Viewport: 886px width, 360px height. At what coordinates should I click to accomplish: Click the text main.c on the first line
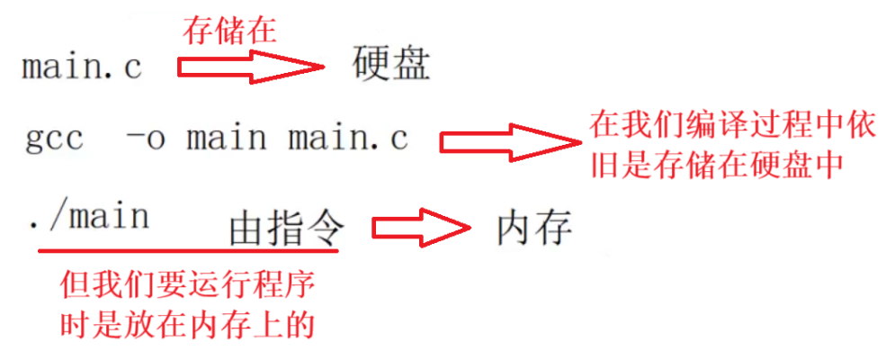(x=82, y=67)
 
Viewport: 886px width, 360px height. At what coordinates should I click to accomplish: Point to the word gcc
(x=55, y=139)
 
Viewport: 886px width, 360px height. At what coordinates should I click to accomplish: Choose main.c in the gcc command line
(x=348, y=139)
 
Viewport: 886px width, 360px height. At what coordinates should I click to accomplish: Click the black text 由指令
(x=286, y=230)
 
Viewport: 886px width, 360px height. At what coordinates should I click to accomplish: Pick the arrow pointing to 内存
(x=419, y=229)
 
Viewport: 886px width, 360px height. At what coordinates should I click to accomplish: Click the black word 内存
(x=533, y=229)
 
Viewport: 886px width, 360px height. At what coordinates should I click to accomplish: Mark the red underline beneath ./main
(x=188, y=249)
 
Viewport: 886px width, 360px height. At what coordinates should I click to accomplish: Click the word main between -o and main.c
(x=227, y=139)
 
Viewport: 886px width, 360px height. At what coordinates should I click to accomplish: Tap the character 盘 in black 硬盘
(x=412, y=65)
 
